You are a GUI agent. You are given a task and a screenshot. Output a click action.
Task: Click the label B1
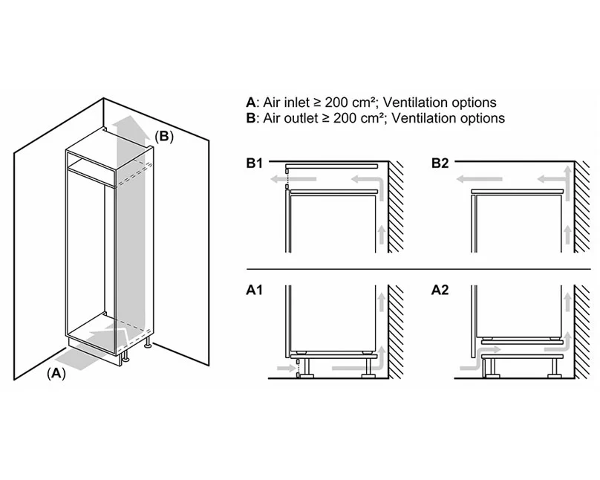[255, 163]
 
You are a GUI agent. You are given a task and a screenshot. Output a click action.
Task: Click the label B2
[441, 163]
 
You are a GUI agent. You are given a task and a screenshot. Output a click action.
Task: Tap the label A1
[255, 291]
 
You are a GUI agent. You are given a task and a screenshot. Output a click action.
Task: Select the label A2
[440, 291]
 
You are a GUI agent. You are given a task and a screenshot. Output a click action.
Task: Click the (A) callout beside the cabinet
[56, 374]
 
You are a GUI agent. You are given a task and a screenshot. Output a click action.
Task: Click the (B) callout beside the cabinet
[164, 136]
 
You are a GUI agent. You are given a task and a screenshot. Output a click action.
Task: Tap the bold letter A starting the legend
[250, 103]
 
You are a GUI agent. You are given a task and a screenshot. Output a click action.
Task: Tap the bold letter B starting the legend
[250, 117]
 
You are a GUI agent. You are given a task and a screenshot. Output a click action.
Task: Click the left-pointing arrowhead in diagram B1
[274, 179]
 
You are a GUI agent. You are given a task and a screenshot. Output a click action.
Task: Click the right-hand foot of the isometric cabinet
[150, 343]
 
